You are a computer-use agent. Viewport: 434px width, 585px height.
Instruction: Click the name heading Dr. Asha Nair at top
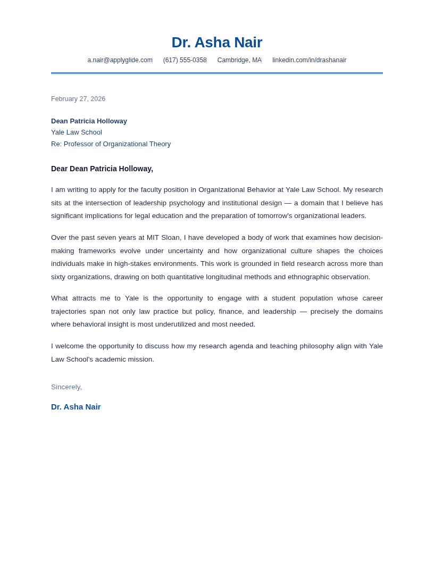tap(216, 43)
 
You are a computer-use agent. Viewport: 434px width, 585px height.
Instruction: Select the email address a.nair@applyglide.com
tap(120, 60)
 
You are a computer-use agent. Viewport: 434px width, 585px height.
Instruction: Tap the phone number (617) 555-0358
tap(185, 60)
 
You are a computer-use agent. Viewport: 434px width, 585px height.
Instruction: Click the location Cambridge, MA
tap(239, 60)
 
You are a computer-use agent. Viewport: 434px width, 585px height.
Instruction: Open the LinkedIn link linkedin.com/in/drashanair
tap(309, 60)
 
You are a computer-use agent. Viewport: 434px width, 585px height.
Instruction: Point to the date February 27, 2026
tap(78, 99)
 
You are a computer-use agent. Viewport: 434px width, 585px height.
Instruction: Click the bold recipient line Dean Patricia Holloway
tap(89, 121)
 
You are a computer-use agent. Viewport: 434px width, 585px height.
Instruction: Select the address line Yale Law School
tap(77, 132)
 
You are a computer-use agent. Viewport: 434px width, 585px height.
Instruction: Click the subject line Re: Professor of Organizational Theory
tap(111, 144)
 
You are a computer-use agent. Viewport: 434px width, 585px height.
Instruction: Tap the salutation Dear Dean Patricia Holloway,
tap(102, 169)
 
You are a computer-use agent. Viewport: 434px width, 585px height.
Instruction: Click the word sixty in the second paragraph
tap(60, 277)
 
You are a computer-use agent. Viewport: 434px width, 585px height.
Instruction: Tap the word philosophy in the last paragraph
tap(316, 346)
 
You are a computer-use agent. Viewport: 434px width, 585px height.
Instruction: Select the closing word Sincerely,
tap(66, 387)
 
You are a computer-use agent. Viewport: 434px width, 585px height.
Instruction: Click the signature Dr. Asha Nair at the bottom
tap(76, 407)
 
